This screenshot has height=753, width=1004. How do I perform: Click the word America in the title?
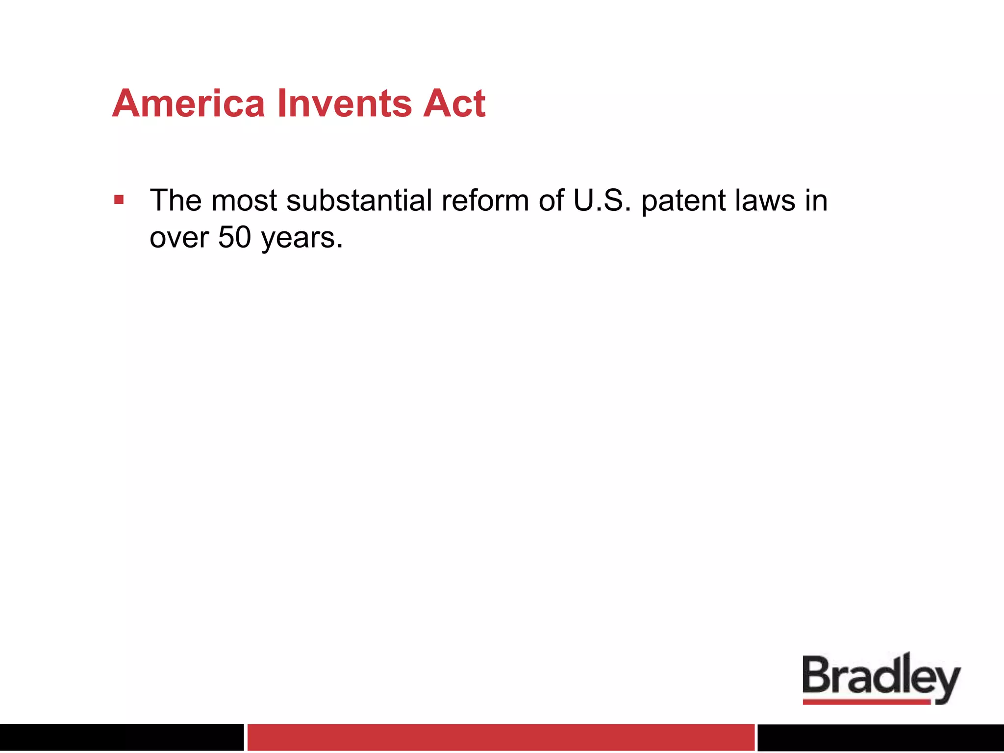pos(189,104)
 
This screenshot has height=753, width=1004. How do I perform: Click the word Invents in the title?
pos(344,104)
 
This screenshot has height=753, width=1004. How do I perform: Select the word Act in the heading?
pos(454,104)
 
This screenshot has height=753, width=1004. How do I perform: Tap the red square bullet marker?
pos(119,200)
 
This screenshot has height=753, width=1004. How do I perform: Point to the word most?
pos(244,201)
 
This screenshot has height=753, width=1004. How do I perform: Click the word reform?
pos(484,201)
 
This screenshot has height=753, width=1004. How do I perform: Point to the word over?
pos(179,239)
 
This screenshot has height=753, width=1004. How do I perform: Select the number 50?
pos(234,238)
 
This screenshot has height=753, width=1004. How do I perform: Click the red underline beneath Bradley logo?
pos(866,702)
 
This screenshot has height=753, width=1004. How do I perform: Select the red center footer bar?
pos(501,737)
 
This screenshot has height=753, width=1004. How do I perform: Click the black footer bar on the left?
pos(121,737)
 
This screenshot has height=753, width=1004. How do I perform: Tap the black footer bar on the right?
pos(880,737)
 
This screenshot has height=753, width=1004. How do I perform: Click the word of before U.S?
pos(551,201)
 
